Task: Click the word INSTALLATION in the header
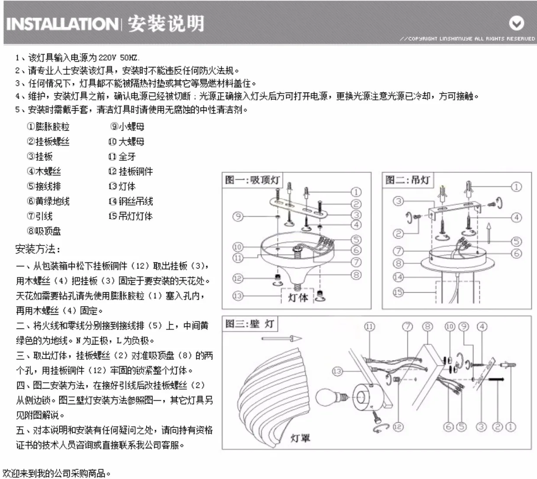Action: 61,24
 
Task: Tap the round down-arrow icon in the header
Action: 516,23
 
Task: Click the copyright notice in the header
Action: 467,38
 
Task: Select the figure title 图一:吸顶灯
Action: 252,180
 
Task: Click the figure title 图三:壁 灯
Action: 249,324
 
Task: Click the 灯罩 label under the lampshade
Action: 300,438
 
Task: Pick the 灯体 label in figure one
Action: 298,297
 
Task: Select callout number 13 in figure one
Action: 238,296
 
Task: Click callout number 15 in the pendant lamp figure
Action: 398,292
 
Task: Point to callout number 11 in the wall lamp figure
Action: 369,326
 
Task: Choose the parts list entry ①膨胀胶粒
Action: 48,127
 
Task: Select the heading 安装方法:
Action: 38,249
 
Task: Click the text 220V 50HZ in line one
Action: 119,57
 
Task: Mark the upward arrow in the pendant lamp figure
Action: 488,233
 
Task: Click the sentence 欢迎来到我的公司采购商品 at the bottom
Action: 56,473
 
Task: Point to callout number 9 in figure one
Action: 238,216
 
